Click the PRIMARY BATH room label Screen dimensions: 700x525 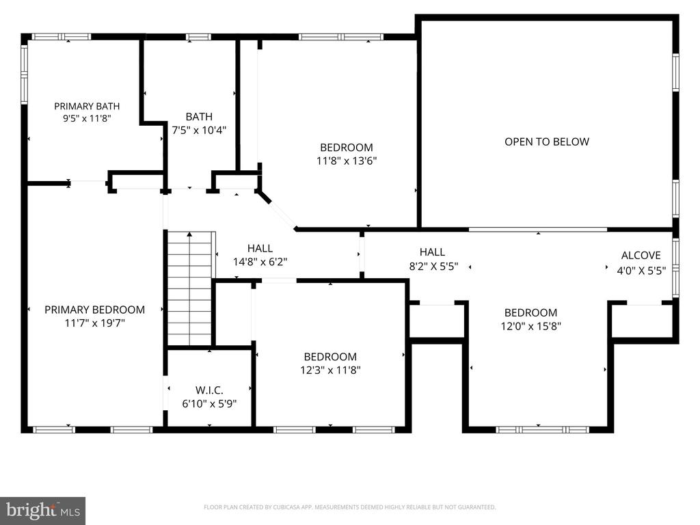click(x=87, y=106)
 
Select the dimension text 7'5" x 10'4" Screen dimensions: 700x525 click(x=199, y=131)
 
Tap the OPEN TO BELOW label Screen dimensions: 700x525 click(x=547, y=142)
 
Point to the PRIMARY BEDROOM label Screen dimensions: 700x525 click(x=94, y=310)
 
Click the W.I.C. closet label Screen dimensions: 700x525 click(x=209, y=390)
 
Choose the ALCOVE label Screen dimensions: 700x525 click(x=641, y=256)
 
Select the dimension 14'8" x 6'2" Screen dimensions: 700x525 click(x=260, y=262)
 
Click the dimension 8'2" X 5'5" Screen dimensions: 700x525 click(x=433, y=267)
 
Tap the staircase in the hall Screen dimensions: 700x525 click(x=189, y=288)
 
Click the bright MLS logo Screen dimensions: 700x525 click(x=43, y=510)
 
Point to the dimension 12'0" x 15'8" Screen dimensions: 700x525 click(x=530, y=326)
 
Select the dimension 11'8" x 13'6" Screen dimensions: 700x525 click(x=347, y=161)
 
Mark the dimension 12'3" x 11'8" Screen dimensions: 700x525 click(x=330, y=370)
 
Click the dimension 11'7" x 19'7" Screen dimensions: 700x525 click(x=94, y=323)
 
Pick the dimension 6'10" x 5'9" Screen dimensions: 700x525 click(x=209, y=404)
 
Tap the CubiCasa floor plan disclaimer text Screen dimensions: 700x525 click(x=349, y=507)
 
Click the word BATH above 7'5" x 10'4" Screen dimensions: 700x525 click(x=199, y=117)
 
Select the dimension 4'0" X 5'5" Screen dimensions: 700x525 click(x=641, y=271)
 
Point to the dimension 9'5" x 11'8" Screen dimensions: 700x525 click(x=87, y=119)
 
